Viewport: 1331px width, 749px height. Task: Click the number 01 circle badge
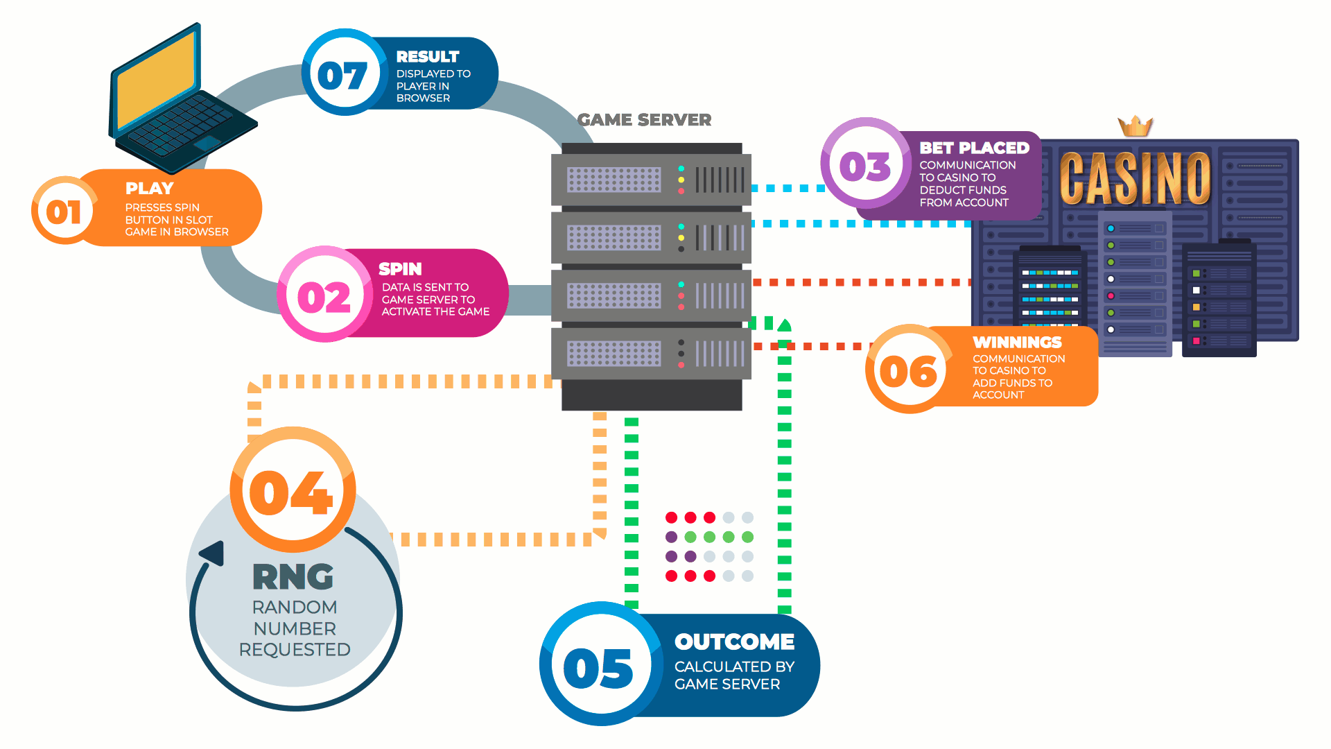pyautogui.click(x=64, y=211)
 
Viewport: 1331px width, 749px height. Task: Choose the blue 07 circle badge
pyautogui.click(x=342, y=74)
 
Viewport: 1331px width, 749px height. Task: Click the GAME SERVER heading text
pyautogui.click(x=644, y=120)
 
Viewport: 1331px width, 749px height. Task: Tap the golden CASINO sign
pyautogui.click(x=1135, y=178)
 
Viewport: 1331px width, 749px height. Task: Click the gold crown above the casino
pyautogui.click(x=1135, y=126)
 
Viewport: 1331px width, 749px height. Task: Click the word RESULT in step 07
pyautogui.click(x=428, y=56)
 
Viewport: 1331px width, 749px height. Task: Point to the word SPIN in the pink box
pyautogui.click(x=400, y=268)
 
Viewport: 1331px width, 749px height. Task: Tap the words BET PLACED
pyautogui.click(x=974, y=148)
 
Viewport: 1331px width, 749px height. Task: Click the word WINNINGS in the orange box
pyautogui.click(x=1017, y=342)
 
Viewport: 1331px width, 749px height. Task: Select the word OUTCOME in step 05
pyautogui.click(x=734, y=642)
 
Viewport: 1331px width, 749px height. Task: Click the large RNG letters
pyautogui.click(x=293, y=576)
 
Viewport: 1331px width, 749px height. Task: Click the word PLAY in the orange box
pyautogui.click(x=149, y=188)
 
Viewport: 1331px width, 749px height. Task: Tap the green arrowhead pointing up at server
pyautogui.click(x=784, y=325)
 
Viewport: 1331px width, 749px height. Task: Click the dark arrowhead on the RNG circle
pyautogui.click(x=213, y=553)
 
